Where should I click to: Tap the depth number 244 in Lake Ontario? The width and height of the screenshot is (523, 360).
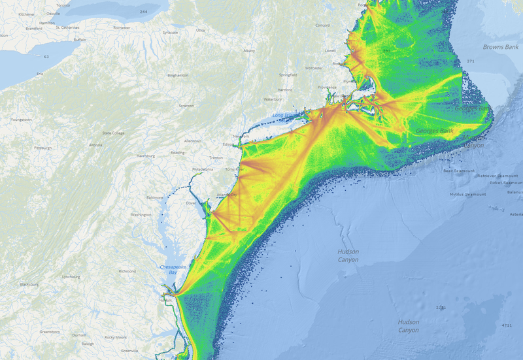(143, 12)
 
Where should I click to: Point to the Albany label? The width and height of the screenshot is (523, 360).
(249, 50)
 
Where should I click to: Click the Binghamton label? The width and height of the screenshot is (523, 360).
(178, 75)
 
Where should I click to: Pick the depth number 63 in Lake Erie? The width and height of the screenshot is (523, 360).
(46, 57)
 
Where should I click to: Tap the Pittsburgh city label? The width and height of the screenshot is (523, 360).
(42, 148)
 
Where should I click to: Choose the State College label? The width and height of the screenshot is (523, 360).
(112, 133)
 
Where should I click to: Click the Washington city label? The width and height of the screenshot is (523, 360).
(141, 214)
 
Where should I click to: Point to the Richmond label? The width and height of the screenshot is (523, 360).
(127, 270)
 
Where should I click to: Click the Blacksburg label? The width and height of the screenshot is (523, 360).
(29, 285)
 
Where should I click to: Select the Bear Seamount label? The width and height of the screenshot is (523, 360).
(458, 171)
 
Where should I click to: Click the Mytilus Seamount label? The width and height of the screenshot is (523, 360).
(468, 194)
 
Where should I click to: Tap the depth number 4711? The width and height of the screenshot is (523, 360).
(507, 325)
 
